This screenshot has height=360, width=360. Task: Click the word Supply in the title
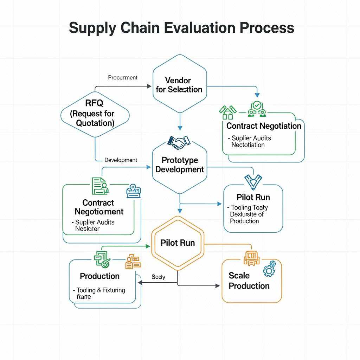(x=92, y=27)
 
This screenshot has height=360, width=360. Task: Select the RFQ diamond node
(x=95, y=113)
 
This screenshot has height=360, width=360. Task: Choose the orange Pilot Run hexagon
(x=178, y=243)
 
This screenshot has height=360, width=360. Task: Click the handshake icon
(x=179, y=142)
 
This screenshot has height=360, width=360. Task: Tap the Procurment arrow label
(x=123, y=77)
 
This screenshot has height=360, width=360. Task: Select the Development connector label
(x=121, y=160)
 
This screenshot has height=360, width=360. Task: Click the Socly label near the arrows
(x=158, y=277)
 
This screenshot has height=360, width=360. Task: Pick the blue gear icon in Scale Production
(x=269, y=269)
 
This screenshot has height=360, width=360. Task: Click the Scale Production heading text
(x=249, y=281)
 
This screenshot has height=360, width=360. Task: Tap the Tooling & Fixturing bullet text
(x=101, y=290)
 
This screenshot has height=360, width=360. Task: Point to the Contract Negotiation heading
(x=264, y=126)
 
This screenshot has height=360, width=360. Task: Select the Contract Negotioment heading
(x=99, y=207)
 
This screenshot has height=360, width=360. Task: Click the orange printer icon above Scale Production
(x=251, y=258)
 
